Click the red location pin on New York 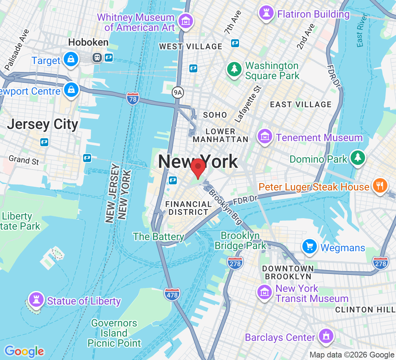point(198,168)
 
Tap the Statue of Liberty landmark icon point(36,300)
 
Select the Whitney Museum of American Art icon point(186,21)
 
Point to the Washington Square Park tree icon point(235,70)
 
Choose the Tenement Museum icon point(265,137)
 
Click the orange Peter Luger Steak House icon point(379,186)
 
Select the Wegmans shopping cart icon point(310,247)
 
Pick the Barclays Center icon point(326,336)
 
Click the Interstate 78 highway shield point(133,98)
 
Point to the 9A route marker point(177,93)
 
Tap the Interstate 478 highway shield point(171,294)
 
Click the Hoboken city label point(88,42)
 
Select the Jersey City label point(42,124)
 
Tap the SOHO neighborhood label point(215,115)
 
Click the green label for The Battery point(158,237)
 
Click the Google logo point(24,351)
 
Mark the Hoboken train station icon point(97,58)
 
